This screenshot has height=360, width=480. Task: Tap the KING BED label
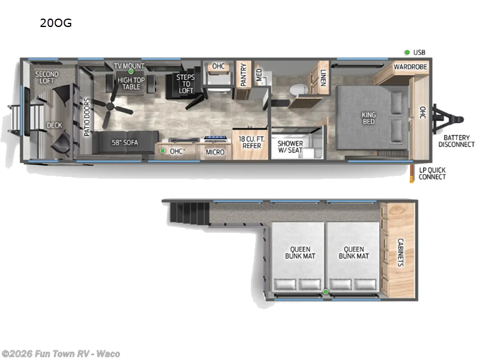[x=368, y=118]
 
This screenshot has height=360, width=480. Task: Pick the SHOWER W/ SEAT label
[x=290, y=147]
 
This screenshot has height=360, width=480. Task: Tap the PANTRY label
[x=244, y=76]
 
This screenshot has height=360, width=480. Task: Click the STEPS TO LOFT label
[x=186, y=84]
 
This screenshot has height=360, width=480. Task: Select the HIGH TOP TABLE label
[x=129, y=83]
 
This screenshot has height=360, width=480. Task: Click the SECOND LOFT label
[x=47, y=78]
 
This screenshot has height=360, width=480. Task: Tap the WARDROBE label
[x=410, y=67]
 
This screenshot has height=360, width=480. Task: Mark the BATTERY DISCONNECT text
[x=456, y=140]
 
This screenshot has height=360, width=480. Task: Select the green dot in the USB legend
[x=407, y=52]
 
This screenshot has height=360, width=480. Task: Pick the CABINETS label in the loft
[x=400, y=253]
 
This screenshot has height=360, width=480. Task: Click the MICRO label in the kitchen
[x=215, y=152]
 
